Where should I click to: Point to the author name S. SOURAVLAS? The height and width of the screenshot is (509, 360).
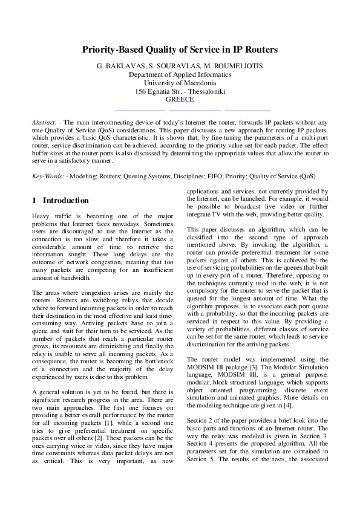tap(175, 66)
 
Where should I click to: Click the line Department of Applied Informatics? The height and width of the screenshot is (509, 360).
tap(180, 74)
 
